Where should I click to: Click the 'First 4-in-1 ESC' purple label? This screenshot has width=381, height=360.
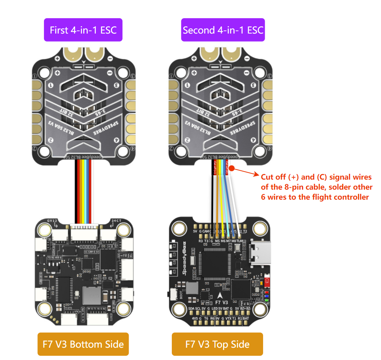tap(83, 30)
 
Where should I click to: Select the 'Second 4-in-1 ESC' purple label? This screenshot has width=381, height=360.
tap(223, 30)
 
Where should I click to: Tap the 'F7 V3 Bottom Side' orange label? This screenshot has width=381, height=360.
tap(83, 344)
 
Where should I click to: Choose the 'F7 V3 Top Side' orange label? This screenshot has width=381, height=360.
tap(217, 344)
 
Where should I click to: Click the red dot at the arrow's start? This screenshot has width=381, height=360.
tap(233, 168)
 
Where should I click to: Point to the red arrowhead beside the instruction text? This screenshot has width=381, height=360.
tap(257, 175)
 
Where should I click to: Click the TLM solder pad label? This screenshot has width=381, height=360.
tap(240, 241)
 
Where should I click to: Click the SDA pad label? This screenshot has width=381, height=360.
tap(191, 309)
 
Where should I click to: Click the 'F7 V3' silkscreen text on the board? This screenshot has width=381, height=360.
tap(219, 302)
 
